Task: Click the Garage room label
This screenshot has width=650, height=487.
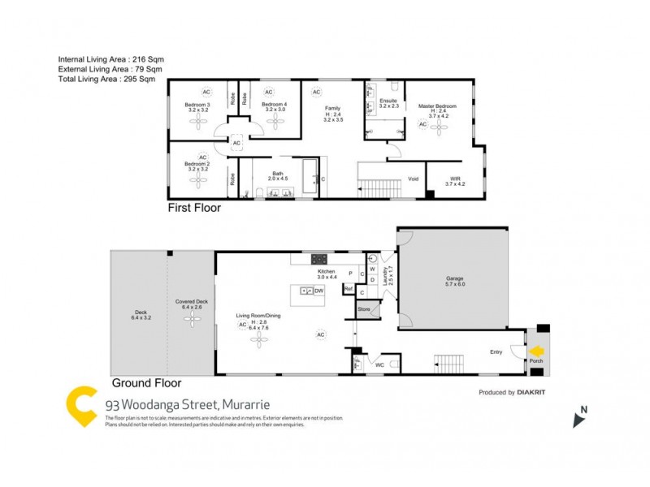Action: [x=454, y=278]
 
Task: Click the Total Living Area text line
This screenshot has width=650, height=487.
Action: [x=106, y=80]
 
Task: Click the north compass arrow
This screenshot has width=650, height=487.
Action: [x=579, y=419]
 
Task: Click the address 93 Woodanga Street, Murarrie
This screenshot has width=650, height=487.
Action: [x=188, y=403]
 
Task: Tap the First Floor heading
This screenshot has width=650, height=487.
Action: [x=194, y=208]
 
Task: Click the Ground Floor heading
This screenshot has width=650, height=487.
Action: [x=146, y=383]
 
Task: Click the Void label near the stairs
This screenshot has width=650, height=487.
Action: [x=413, y=179]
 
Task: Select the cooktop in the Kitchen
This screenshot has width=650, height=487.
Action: [x=318, y=259]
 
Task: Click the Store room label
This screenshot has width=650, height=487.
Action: [x=364, y=309]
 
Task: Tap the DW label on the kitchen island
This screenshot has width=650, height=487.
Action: [x=319, y=290]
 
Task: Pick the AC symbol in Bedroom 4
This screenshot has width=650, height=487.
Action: [x=269, y=92]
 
